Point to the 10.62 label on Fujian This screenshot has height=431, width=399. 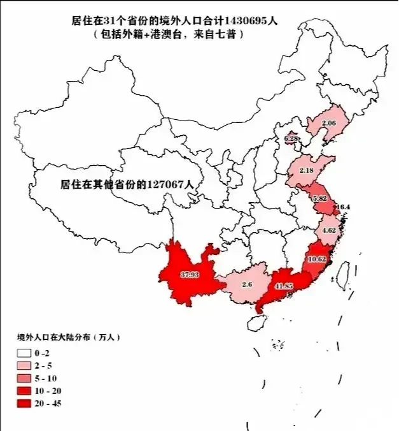click(317, 259)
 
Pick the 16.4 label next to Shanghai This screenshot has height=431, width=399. click(344, 207)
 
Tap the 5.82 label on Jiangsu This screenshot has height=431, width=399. click(319, 199)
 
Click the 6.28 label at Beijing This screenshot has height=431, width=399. click(291, 138)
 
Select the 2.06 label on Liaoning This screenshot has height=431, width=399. click(328, 122)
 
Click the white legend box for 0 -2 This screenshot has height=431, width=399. click(24, 353)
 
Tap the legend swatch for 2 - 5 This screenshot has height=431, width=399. click(24, 365)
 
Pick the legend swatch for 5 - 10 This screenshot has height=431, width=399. click(24, 378)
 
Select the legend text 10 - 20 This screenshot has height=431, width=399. click(50, 391)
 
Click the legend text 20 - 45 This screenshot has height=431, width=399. click(50, 404)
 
